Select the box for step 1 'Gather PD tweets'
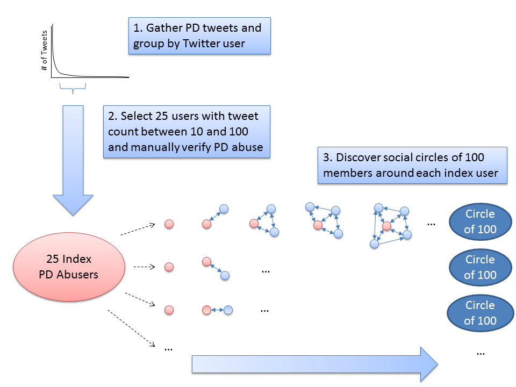199,36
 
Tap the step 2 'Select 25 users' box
186,132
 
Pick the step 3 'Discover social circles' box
412,166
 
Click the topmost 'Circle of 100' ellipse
479,221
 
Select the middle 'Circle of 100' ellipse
479,267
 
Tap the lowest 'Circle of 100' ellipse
479,313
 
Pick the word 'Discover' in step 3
357,157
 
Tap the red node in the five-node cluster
386,226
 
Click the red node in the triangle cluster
254,223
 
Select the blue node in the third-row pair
228,310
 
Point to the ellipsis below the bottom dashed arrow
168,348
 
